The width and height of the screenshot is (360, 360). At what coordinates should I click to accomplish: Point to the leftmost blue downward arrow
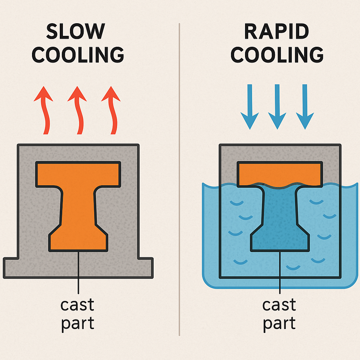[249, 105]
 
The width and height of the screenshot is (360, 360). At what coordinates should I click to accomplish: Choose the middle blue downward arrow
[277, 105]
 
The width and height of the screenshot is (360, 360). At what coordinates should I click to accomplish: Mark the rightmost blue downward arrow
[304, 105]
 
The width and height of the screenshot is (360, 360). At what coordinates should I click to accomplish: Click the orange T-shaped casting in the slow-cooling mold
[78, 204]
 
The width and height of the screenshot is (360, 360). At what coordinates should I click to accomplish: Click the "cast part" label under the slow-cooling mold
[78, 314]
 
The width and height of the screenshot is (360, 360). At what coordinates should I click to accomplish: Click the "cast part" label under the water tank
[279, 314]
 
